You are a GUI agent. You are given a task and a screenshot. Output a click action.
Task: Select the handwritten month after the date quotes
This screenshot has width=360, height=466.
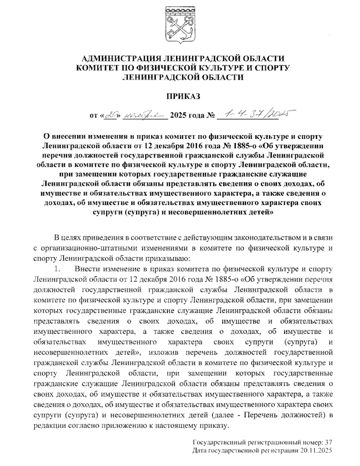pos(145,115)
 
